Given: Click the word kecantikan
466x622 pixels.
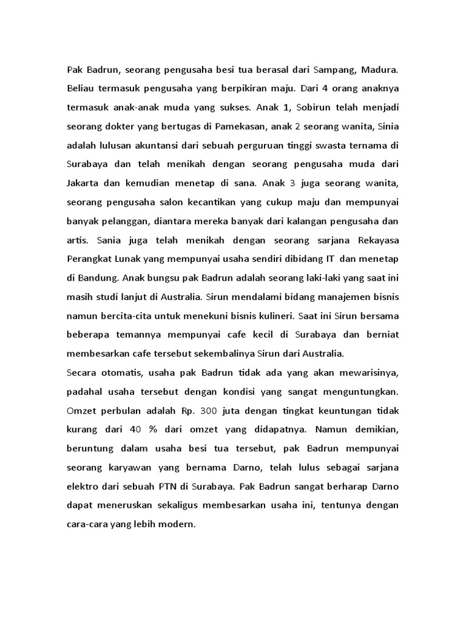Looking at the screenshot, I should point(209,202).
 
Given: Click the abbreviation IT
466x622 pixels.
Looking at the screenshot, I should point(330,259).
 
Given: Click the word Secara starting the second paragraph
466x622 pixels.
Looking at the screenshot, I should point(83,372).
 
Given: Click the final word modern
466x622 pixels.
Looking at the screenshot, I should point(179,524).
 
